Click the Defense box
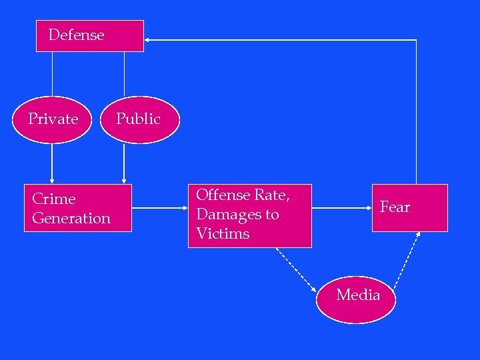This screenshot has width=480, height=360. [90, 36]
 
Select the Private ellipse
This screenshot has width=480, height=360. [54, 120]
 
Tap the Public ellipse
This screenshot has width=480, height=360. [140, 120]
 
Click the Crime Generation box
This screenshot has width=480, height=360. [77, 208]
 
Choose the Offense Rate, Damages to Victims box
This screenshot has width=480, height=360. [249, 215]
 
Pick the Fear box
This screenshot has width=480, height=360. [409, 208]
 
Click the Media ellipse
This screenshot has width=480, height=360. [358, 299]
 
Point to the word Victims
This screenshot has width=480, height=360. [223, 234]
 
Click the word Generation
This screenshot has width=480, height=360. [71, 219]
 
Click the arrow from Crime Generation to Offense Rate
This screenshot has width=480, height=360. [160, 208]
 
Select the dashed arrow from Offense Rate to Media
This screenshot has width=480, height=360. [296, 271]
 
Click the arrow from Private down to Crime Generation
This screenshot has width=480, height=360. [52, 163]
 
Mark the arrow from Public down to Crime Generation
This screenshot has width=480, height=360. [124, 163]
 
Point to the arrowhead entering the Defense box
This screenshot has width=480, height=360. [148, 40]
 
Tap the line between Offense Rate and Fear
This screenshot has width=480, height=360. [341, 208]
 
